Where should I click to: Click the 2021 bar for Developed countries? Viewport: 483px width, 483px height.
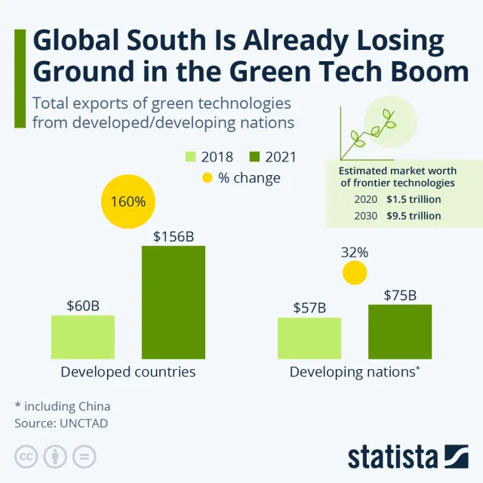tap(174, 302)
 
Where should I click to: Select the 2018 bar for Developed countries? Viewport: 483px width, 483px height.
tap(83, 337)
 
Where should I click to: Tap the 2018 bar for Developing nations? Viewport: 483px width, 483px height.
tap(309, 338)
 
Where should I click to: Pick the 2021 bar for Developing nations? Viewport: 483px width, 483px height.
tap(400, 331)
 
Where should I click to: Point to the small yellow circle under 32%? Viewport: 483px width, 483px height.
tap(354, 272)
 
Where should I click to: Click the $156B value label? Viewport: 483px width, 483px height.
tap(174, 236)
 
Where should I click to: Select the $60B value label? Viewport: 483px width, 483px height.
tap(83, 306)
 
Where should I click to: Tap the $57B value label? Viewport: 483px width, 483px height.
tap(309, 308)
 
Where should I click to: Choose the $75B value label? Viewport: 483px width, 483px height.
tap(400, 295)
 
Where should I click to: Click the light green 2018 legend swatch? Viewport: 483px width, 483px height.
tap(190, 157)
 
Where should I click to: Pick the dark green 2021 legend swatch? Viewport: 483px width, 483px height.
tap(254, 157)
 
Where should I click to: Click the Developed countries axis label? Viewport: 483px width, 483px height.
tap(128, 372)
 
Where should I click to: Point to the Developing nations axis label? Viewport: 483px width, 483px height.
tap(355, 372)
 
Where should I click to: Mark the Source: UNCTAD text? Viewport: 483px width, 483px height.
tap(61, 423)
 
